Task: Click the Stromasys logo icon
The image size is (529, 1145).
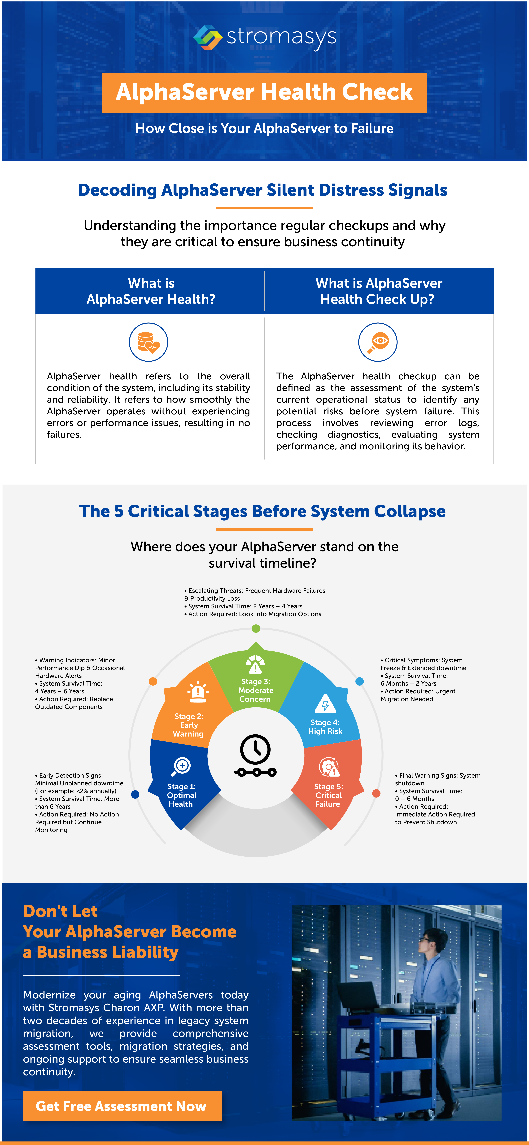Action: click(x=208, y=37)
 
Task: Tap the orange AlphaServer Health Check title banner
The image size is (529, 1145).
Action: click(x=264, y=92)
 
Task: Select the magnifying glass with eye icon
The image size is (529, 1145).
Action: click(x=378, y=342)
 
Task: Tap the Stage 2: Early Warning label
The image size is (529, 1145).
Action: click(x=188, y=725)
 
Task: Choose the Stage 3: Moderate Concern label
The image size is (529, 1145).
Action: click(x=256, y=690)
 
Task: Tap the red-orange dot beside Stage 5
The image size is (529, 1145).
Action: click(x=376, y=793)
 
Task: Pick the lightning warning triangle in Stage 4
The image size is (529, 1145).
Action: click(x=325, y=704)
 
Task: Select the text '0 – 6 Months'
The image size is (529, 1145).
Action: click(x=414, y=799)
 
